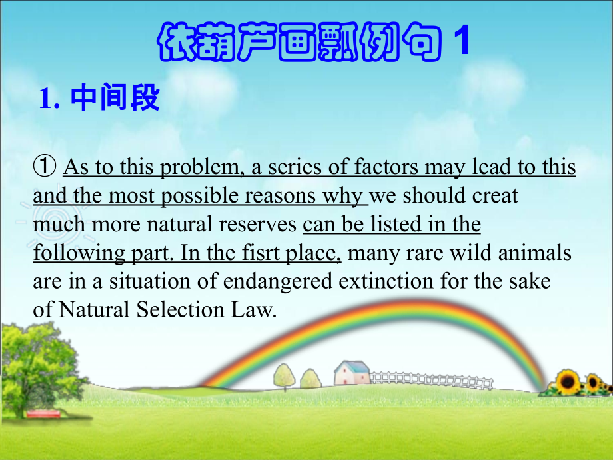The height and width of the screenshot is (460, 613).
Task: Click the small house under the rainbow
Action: pyautogui.click(x=351, y=374)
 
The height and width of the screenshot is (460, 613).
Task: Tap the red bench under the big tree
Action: pyautogui.click(x=43, y=413)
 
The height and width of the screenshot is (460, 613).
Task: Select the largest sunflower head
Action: pyautogui.click(x=568, y=382)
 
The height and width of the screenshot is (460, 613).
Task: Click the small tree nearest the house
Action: pyautogui.click(x=310, y=379)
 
